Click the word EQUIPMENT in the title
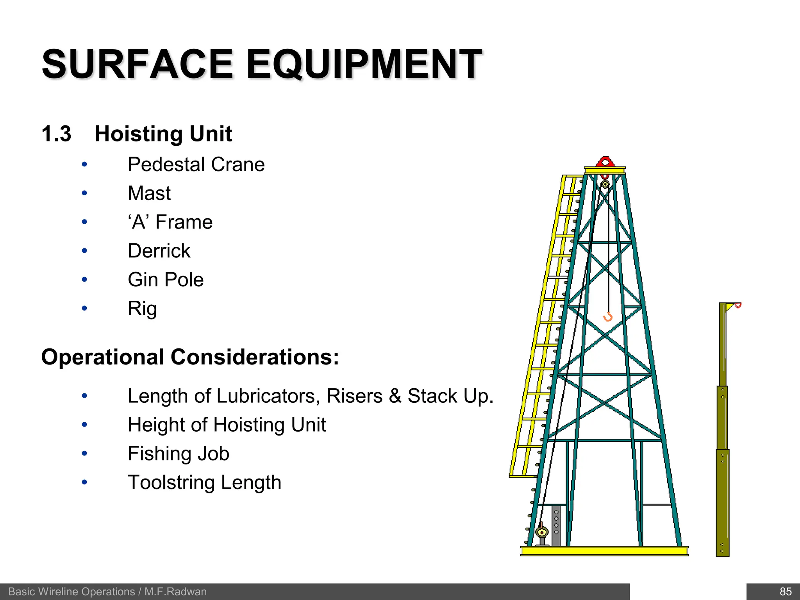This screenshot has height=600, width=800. [x=364, y=64]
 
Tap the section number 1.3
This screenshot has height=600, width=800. [x=56, y=134]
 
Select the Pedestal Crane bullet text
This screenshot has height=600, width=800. [x=196, y=164]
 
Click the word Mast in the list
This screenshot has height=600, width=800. [x=149, y=193]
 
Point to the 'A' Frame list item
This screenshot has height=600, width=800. [x=170, y=222]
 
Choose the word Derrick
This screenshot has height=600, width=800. [x=159, y=251]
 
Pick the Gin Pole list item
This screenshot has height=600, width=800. [x=166, y=280]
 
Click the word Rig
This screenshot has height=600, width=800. [x=142, y=309]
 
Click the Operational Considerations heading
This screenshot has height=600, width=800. [x=190, y=357]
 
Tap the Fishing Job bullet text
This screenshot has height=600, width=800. [x=179, y=454]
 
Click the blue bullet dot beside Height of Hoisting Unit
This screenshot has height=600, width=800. [x=84, y=425]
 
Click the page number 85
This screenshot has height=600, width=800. [x=785, y=591]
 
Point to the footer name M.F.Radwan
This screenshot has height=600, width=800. [x=175, y=592]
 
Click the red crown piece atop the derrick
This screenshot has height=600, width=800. [x=605, y=162]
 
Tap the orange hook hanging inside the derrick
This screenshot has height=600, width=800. [x=608, y=317]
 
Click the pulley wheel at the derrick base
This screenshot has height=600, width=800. [x=541, y=532]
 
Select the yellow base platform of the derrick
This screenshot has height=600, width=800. [x=604, y=551]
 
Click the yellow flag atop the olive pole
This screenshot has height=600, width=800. [x=730, y=307]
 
